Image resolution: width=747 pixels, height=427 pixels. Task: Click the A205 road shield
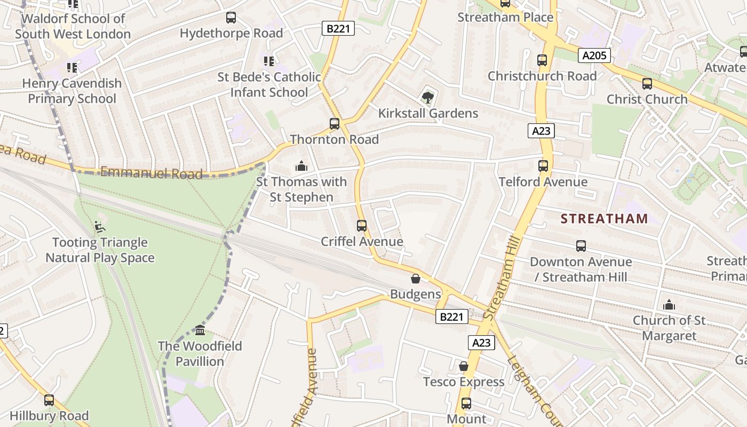(594, 56)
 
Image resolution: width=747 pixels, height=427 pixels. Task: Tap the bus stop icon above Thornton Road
(335, 124)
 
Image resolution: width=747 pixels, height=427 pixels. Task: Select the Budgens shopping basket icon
(416, 279)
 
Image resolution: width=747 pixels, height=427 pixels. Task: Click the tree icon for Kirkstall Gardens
(427, 97)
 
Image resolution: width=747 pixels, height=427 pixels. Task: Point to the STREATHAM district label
(605, 218)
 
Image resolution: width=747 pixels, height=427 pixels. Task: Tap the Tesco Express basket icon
(464, 366)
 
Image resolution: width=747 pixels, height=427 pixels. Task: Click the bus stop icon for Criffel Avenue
(362, 226)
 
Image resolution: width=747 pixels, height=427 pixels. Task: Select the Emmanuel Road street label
(152, 172)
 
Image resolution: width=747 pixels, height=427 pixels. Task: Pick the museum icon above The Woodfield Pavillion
(200, 330)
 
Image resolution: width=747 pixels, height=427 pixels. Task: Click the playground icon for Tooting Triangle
(100, 227)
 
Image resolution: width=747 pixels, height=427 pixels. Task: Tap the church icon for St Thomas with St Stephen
(301, 166)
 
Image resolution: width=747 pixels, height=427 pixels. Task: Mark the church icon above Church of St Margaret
(669, 305)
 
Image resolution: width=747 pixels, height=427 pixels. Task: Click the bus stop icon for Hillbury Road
(49, 400)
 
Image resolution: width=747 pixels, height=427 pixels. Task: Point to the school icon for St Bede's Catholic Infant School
(269, 61)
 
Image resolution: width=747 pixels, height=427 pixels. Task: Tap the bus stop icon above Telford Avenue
(543, 166)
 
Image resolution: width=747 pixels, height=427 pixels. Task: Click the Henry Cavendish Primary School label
(72, 91)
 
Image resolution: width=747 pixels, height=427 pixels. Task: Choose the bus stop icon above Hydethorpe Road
(231, 18)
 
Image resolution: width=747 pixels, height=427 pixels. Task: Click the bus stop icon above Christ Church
(647, 84)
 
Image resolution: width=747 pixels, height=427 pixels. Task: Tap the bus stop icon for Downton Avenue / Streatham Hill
(581, 246)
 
